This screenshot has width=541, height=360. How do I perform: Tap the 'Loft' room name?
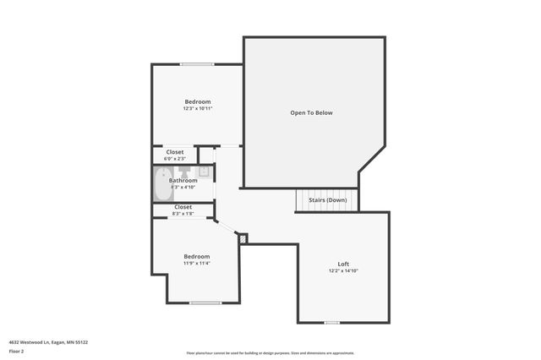pos(343,264)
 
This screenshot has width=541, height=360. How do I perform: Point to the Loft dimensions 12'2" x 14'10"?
pos(343,271)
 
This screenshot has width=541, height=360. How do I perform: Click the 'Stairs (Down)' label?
pos(327,200)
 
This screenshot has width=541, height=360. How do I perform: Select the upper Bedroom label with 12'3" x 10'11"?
pos(198,101)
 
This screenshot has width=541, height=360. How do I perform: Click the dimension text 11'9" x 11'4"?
pos(197,263)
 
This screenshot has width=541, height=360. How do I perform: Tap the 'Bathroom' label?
pos(183,180)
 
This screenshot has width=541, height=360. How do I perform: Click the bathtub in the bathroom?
pos(162,183)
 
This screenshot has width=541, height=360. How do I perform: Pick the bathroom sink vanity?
pos(204,171)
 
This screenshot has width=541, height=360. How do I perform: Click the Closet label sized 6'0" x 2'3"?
pos(175,152)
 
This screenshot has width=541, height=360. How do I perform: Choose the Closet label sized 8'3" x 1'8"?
pos(183,207)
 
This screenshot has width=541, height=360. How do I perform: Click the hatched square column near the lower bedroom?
pos(243,239)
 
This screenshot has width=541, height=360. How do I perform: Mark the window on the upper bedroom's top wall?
pos(196,64)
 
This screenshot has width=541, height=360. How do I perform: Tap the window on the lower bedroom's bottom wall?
pos(205,303)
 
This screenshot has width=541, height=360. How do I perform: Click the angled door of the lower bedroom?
pos(226,227)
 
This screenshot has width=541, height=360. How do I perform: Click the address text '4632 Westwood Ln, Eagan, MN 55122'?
pos(48,342)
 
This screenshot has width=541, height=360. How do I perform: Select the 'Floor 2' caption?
pos(16,351)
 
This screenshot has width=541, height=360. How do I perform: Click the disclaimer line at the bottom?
pos(270,353)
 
